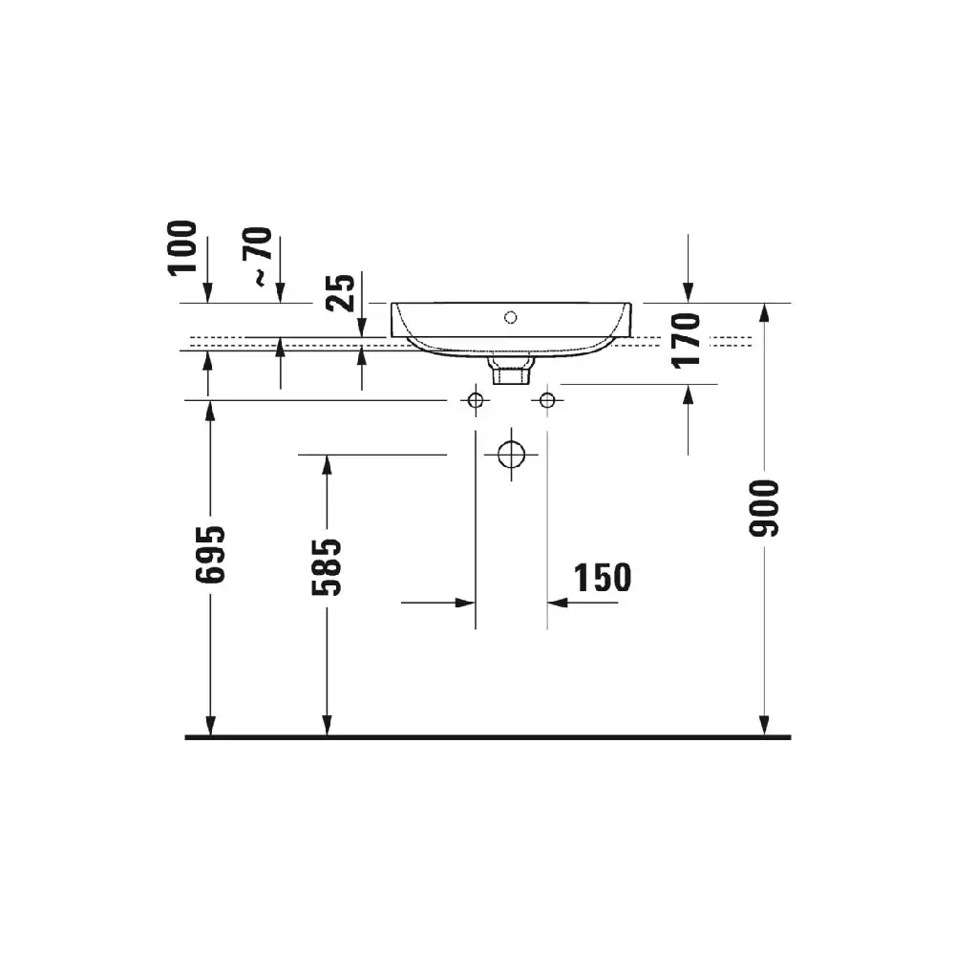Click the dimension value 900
click(x=764, y=509)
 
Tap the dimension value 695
click(x=210, y=554)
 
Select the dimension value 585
click(x=327, y=566)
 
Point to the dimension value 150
click(x=603, y=578)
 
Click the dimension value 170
click(x=686, y=341)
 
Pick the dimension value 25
click(x=340, y=293)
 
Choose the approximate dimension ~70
click(x=258, y=256)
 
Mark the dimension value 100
click(x=182, y=248)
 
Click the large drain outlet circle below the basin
click(x=511, y=455)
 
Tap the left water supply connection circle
click(x=476, y=400)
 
